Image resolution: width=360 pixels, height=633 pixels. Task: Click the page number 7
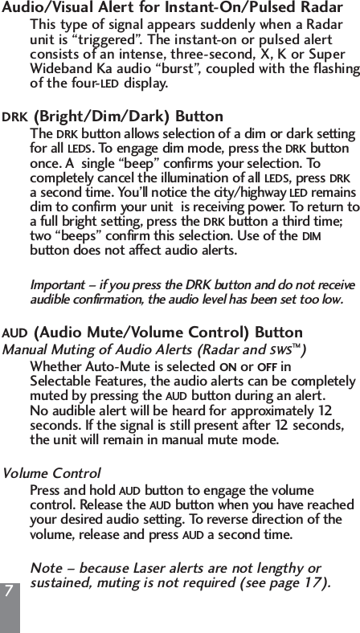[8, 590]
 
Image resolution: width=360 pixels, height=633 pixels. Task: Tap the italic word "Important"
[55, 285]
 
